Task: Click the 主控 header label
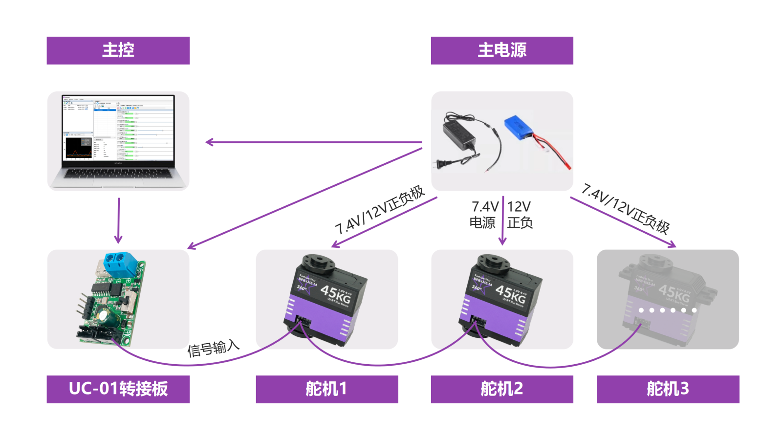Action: (118, 50)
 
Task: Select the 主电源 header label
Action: (502, 50)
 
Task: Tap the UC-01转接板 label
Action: (118, 389)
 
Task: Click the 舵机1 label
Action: (326, 389)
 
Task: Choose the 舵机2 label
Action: (502, 389)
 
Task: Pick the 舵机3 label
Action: (668, 389)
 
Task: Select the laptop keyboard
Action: (118, 173)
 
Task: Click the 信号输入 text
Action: (213, 349)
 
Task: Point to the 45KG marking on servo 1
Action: (336, 294)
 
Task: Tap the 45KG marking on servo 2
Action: (511, 294)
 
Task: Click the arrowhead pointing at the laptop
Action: (210, 142)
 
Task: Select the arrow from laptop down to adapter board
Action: (118, 220)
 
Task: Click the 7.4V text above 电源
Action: (484, 206)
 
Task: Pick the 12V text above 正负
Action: (519, 206)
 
